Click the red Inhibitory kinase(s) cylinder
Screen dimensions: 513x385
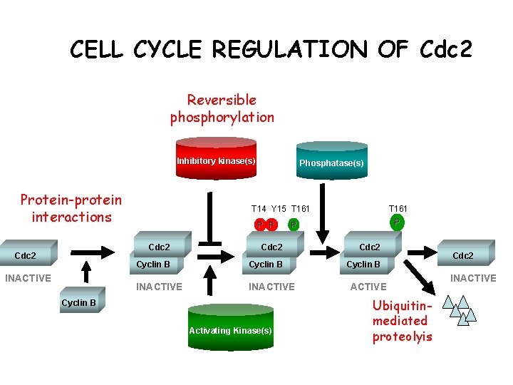(x=216, y=158)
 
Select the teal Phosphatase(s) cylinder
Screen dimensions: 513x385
(x=332, y=160)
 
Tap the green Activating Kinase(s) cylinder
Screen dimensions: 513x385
(x=231, y=327)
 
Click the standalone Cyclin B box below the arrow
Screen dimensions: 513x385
(x=83, y=300)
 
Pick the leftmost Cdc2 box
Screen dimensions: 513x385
(x=28, y=252)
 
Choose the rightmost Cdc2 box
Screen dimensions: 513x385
(x=466, y=252)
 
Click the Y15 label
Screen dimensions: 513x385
(x=279, y=208)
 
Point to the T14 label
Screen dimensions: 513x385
(x=259, y=208)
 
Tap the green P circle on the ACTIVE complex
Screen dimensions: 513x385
(x=397, y=222)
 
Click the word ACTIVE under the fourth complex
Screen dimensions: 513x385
(x=368, y=287)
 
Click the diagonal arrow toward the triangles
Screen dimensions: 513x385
(x=420, y=277)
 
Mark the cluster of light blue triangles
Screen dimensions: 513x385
(x=460, y=310)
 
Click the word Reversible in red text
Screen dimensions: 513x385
(x=222, y=100)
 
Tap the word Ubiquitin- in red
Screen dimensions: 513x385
(x=402, y=305)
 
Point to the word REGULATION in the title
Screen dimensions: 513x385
(x=290, y=49)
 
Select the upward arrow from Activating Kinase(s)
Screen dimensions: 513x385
(x=210, y=280)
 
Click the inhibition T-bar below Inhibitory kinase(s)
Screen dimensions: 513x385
(x=209, y=219)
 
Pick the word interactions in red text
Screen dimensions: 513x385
(x=72, y=217)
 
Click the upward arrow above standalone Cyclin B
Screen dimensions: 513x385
(x=86, y=272)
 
